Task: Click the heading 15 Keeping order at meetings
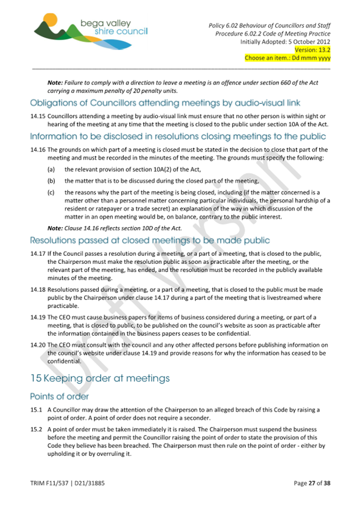pos(100,378)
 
